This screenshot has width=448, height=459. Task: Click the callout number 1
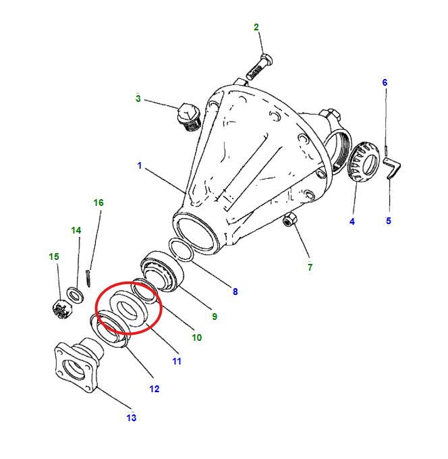(x=140, y=165)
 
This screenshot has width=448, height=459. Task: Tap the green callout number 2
(x=256, y=27)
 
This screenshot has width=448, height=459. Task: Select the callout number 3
(x=138, y=99)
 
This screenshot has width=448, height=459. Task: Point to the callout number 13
(x=131, y=418)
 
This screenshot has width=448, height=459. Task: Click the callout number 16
(x=99, y=202)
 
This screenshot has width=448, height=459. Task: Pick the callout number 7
(x=310, y=267)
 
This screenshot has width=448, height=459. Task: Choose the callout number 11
(x=176, y=361)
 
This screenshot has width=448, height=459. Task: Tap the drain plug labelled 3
(x=188, y=116)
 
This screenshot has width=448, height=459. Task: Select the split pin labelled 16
(x=90, y=278)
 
